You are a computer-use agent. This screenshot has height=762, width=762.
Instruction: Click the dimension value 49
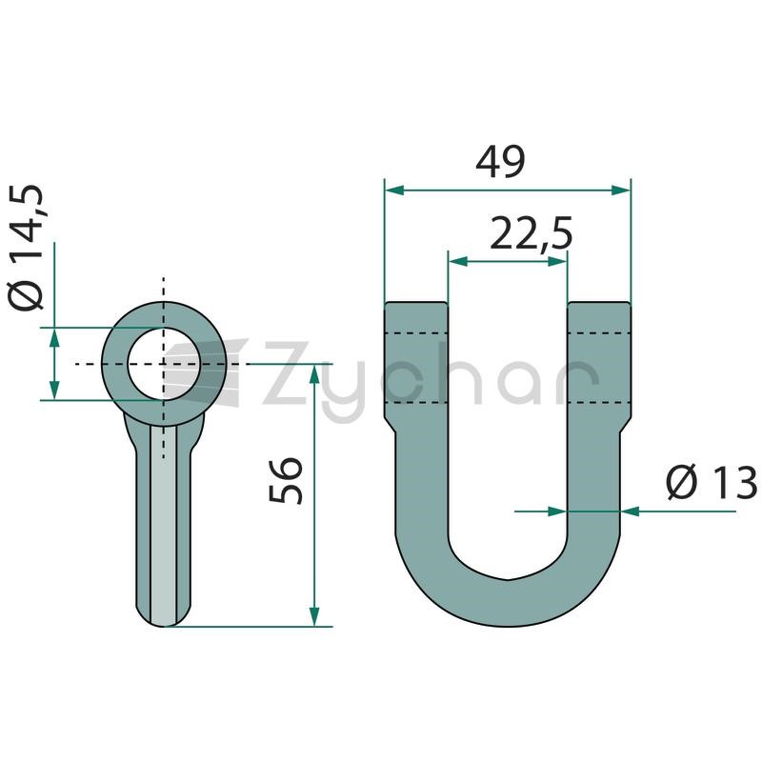(500, 161)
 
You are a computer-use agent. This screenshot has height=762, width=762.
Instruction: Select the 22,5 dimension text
(531, 233)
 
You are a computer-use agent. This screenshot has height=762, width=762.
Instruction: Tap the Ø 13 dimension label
(712, 483)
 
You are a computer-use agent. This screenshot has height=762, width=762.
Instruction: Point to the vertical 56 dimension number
(285, 480)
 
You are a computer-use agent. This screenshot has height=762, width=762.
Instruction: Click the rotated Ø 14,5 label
(26, 248)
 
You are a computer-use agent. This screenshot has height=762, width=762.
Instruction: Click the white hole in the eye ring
(164, 364)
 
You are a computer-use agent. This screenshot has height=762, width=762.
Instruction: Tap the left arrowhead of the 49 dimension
(394, 190)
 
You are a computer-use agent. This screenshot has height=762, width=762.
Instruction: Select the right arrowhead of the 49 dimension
(621, 190)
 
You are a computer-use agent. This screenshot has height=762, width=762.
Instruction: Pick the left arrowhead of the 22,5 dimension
(458, 261)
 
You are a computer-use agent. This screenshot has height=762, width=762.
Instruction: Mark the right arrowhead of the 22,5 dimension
(557, 261)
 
